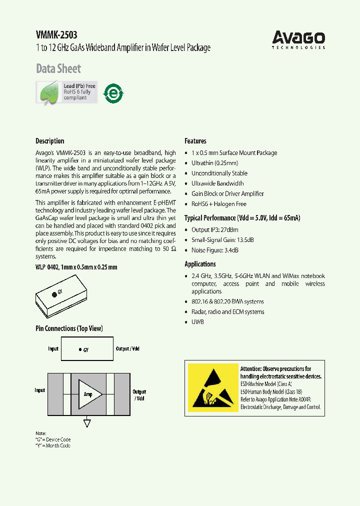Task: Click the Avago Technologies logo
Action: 298,39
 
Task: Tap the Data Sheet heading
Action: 58,68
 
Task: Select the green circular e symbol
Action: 113,93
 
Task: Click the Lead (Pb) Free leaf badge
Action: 66,92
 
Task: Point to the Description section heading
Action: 49,141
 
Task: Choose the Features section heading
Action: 195,141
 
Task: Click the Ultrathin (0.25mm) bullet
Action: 214,163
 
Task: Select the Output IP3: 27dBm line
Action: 219,229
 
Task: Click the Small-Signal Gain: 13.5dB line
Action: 222,240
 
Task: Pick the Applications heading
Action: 200,264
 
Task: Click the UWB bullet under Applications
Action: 197,322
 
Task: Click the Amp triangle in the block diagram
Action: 89,394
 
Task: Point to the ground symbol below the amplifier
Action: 87,423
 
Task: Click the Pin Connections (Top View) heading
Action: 69,328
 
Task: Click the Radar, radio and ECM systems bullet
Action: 227,312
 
